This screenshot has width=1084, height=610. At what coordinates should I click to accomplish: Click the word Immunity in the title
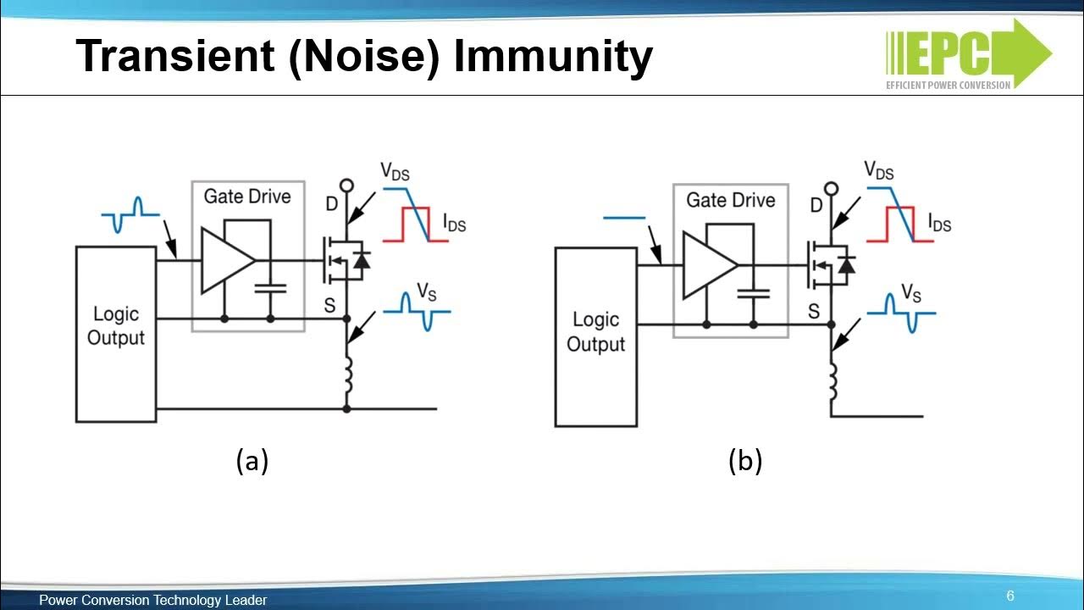coord(553,57)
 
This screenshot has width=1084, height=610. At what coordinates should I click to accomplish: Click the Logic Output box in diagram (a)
coord(116,334)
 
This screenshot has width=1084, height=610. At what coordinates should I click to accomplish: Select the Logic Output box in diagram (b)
coord(595,336)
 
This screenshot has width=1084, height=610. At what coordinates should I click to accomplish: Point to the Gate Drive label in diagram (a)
coord(247,197)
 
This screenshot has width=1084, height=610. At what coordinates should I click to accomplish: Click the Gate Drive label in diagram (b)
coord(730,200)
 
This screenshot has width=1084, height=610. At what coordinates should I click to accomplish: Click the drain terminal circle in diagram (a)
coord(346,186)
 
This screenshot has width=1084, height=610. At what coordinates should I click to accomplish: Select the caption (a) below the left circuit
coord(252,461)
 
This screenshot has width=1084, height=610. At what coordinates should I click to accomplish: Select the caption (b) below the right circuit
coord(745,461)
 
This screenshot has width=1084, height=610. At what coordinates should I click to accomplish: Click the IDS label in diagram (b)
coord(939,224)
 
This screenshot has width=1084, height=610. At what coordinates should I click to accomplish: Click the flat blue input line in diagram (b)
coord(624,218)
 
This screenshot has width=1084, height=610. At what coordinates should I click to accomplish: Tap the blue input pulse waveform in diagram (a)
coord(130,216)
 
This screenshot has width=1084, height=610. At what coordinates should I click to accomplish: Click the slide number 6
coord(1010,596)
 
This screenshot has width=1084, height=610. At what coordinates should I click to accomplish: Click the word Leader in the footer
coord(246,600)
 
